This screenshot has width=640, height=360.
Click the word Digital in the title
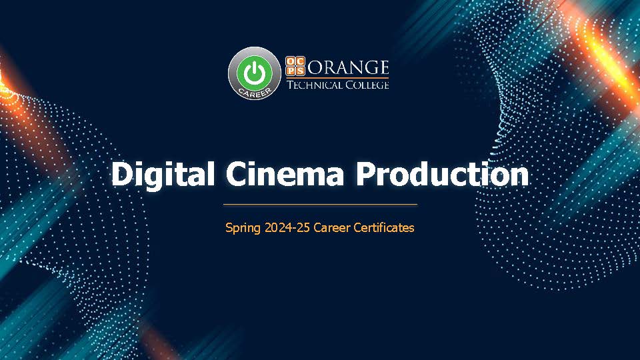[163, 175]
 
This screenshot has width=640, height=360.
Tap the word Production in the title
[442, 175]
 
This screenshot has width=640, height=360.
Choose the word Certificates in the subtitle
[384, 227]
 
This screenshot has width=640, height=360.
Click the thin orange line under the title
[320, 204]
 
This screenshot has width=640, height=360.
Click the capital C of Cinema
[237, 175]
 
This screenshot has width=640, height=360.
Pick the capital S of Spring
[229, 227]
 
